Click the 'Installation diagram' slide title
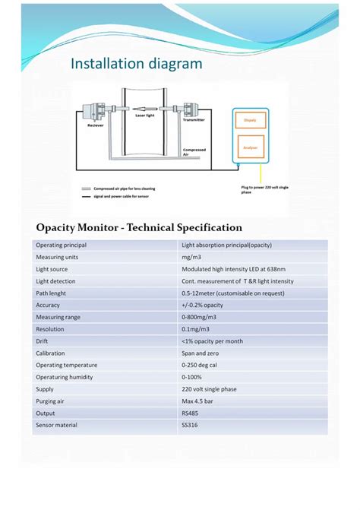click(x=137, y=63)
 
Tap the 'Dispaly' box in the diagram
click(x=249, y=121)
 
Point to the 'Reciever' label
click(x=95, y=126)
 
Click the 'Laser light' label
click(x=145, y=116)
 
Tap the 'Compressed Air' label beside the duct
click(x=194, y=152)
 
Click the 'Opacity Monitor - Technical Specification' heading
click(x=139, y=227)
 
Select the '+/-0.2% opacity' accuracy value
click(x=203, y=305)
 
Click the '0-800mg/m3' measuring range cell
click(x=201, y=317)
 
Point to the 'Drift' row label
click(x=43, y=341)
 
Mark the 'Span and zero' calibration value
click(x=199, y=353)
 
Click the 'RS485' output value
click(x=190, y=413)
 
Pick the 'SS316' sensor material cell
click(x=189, y=426)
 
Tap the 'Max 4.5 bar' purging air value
click(x=198, y=401)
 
